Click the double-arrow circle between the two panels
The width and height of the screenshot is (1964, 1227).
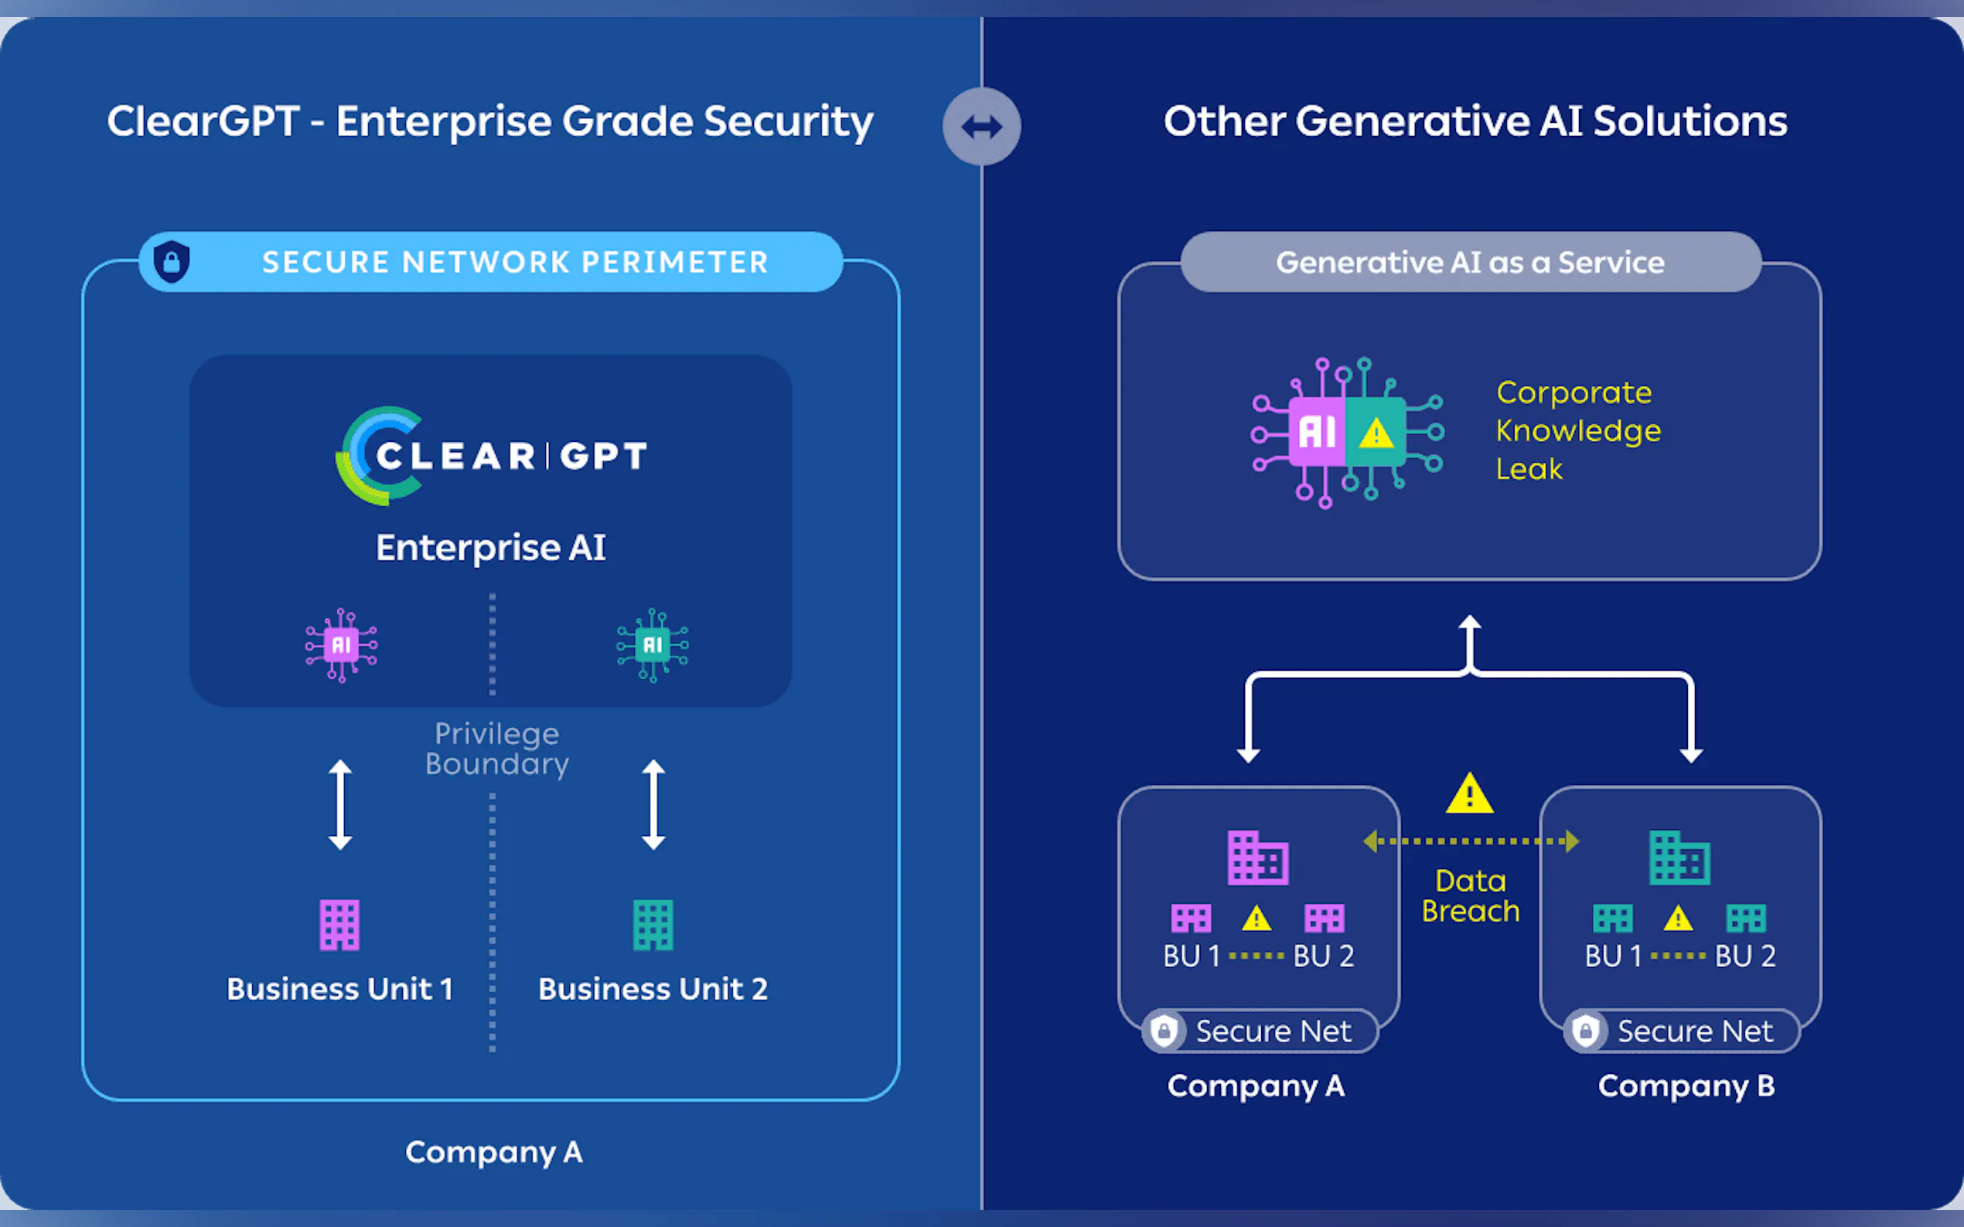[x=981, y=127]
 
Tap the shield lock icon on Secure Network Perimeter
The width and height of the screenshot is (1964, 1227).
[x=172, y=261]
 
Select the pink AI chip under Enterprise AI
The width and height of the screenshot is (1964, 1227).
[x=341, y=645]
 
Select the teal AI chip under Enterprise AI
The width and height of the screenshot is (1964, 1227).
[x=653, y=645]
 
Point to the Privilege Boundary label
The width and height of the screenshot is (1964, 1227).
[x=497, y=748]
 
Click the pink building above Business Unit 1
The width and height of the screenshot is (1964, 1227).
[x=339, y=924]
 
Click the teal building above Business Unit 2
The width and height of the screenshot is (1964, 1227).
[x=653, y=924]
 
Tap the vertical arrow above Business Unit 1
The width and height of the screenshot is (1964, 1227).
[x=340, y=804]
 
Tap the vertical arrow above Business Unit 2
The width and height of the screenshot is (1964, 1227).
[x=653, y=804]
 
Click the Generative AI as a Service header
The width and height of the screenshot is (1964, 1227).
[x=1471, y=262]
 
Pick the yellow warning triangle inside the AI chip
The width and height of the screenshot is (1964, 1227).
[x=1376, y=433]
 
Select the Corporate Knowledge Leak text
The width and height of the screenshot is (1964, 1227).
[x=1577, y=430]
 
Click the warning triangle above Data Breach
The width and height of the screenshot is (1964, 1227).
[x=1470, y=794]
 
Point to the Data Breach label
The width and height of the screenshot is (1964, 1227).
[x=1471, y=896]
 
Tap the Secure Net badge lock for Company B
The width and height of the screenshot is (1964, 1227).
[x=1585, y=1031]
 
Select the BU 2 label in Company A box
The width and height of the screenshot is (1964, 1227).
[x=1324, y=956]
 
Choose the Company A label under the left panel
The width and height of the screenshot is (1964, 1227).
[x=493, y=1152]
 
